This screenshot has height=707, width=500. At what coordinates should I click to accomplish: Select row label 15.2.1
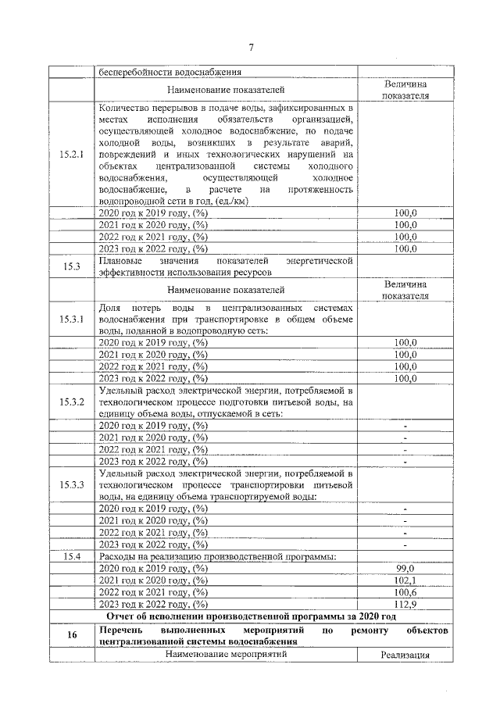(72, 155)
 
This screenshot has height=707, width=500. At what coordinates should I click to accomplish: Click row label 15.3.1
(72, 320)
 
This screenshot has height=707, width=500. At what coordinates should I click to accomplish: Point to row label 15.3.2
(72, 402)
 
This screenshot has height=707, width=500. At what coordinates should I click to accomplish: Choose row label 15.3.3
(72, 485)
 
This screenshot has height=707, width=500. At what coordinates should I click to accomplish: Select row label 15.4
(72, 556)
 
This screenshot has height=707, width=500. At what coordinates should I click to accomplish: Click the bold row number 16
(72, 635)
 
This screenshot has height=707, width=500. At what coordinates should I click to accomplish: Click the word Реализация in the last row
(405, 655)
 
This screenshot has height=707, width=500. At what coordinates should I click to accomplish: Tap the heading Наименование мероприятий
(226, 653)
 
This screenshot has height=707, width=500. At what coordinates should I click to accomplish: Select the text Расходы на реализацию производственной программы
(217, 556)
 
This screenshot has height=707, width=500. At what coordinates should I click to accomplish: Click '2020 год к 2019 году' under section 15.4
(153, 569)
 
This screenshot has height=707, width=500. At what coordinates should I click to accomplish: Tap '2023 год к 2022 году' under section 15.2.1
(153, 249)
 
